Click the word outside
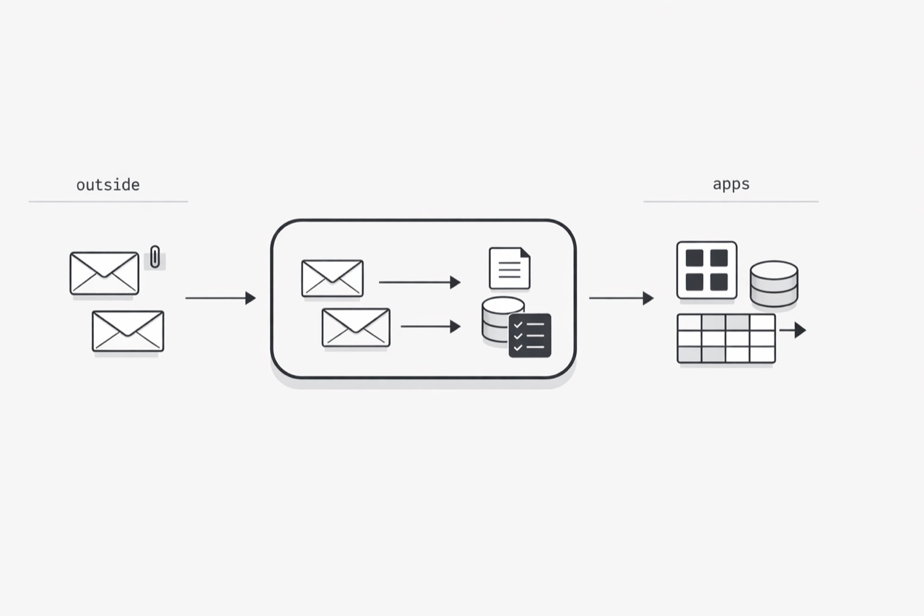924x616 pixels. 108,185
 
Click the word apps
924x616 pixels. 731,184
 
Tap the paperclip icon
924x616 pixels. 154,257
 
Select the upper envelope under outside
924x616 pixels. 105,273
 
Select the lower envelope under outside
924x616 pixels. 128,331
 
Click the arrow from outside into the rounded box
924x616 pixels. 221,298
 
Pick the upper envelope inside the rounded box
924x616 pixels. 333,278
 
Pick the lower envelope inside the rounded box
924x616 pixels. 356,327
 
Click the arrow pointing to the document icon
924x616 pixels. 419,282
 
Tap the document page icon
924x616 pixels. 510,268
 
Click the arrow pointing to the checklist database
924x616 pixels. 431,326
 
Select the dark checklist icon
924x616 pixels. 530,335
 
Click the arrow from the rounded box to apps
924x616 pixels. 622,298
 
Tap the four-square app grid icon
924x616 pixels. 707,270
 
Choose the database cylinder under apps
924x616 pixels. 774,284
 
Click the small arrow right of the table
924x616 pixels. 793,330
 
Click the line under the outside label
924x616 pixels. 108,201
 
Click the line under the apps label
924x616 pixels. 731,201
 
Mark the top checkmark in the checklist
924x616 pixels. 518,325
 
